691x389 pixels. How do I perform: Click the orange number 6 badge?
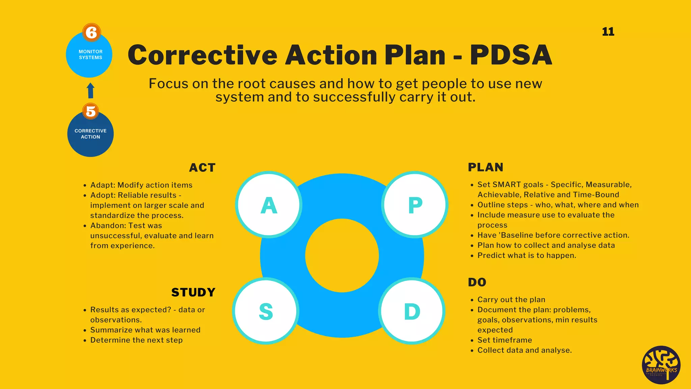tap(91, 33)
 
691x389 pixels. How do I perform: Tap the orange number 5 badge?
tap(90, 111)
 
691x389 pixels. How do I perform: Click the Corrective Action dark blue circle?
tap(90, 135)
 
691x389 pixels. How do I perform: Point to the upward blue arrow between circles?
tap(90, 90)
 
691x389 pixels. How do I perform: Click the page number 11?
tap(608, 32)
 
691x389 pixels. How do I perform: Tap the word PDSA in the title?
tap(511, 55)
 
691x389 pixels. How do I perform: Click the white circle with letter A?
tap(269, 205)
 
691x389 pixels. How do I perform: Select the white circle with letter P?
tap(415, 205)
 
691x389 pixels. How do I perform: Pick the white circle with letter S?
tap(266, 311)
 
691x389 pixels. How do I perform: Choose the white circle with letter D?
tap(412, 311)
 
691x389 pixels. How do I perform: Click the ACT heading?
tap(202, 167)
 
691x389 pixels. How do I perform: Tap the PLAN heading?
tap(486, 167)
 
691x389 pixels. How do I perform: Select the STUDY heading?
tap(193, 292)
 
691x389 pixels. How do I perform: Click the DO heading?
tap(477, 282)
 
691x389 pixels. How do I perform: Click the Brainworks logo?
tap(661, 365)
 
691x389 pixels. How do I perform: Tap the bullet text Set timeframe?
tap(505, 340)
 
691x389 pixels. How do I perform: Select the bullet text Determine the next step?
tap(136, 340)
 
